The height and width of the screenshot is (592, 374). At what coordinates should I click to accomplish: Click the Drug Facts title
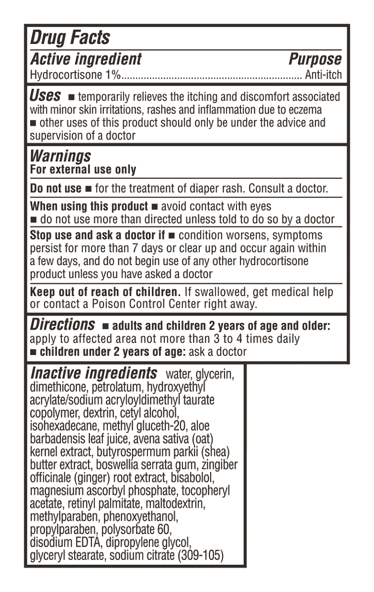[x=70, y=38]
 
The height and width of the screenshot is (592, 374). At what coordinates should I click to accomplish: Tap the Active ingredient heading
[x=86, y=59]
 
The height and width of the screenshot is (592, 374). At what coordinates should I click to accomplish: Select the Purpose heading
[x=315, y=59]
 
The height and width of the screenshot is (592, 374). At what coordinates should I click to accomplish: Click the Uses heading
[x=46, y=95]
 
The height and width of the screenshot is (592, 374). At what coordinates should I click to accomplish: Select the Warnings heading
[x=60, y=156]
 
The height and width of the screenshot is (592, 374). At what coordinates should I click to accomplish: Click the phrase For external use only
[x=83, y=169]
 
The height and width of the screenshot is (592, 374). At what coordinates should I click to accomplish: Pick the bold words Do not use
[x=55, y=189]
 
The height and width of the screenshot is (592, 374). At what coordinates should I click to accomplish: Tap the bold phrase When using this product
[x=89, y=206]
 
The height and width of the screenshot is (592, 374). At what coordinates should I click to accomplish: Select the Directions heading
[x=62, y=325]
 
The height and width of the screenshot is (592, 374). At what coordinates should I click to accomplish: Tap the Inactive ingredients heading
[x=93, y=373]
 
